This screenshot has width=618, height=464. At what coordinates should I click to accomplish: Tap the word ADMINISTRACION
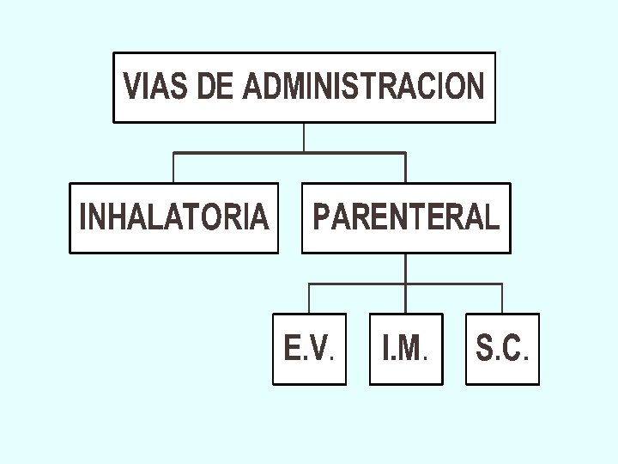[x=364, y=87]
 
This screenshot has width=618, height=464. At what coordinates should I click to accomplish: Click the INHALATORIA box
[x=174, y=217]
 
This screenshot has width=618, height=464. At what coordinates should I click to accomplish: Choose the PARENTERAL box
[x=406, y=217]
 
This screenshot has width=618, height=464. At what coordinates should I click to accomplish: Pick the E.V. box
[x=310, y=348]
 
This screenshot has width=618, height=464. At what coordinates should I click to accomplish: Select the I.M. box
[x=406, y=348]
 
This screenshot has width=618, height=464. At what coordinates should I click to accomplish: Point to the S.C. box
[x=502, y=348]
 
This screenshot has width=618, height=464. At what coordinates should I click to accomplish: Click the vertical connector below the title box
[x=304, y=137]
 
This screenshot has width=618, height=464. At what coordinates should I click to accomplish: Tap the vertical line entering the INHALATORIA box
[x=174, y=168]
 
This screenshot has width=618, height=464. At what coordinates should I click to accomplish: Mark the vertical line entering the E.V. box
[x=310, y=298]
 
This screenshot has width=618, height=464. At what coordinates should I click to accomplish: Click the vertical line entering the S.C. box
[x=502, y=298]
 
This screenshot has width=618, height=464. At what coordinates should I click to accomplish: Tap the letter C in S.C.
[x=512, y=349]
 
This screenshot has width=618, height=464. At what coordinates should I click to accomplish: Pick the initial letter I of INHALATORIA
[x=82, y=217]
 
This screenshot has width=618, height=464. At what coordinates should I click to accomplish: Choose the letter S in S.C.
[x=485, y=349]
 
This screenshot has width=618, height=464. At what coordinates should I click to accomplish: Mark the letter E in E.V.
[x=293, y=349]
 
